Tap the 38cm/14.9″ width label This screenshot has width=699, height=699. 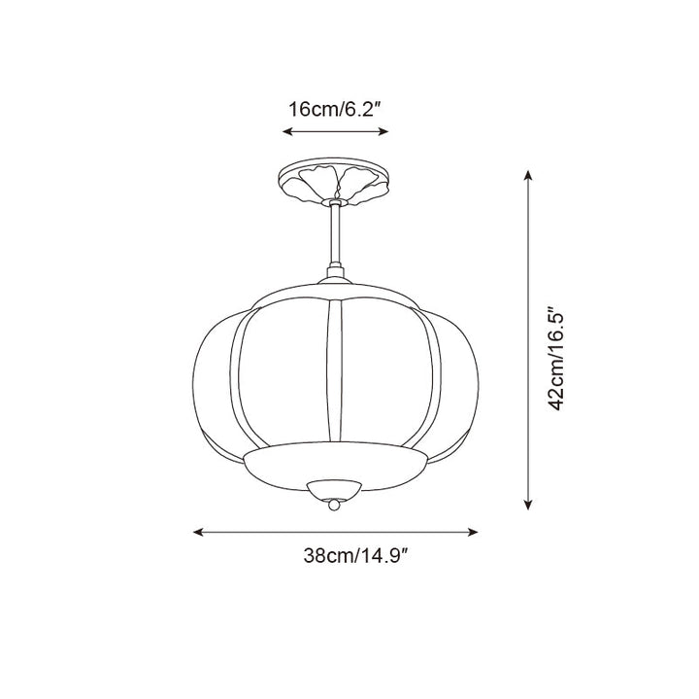(353, 557)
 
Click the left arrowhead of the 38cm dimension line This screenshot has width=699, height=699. (198, 532)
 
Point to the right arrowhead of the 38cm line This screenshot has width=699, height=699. (475, 532)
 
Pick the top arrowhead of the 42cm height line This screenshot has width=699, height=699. (528, 176)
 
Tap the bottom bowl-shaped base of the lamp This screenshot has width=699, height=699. (335, 464)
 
